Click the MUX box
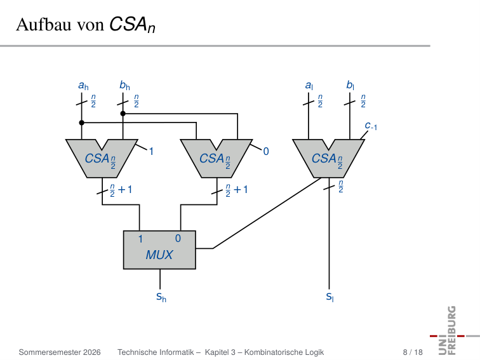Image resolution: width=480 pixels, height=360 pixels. click(x=159, y=250)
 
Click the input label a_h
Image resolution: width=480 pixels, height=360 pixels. click(x=83, y=86)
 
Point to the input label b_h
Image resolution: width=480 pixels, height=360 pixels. click(x=124, y=85)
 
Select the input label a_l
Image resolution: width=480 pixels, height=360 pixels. click(x=309, y=86)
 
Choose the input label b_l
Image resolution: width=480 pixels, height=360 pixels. click(x=350, y=85)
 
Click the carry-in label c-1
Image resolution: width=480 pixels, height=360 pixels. click(x=371, y=126)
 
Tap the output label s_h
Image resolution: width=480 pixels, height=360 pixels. click(x=161, y=297)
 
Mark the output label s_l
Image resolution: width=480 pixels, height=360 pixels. click(x=330, y=297)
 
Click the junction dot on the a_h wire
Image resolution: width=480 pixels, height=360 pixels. click(x=81, y=123)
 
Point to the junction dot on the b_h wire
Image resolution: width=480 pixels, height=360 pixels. click(x=123, y=114)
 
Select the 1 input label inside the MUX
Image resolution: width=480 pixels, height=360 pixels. click(x=140, y=239)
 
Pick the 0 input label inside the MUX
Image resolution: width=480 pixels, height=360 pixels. click(x=178, y=239)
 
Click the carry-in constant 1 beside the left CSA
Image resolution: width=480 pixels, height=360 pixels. click(x=151, y=151)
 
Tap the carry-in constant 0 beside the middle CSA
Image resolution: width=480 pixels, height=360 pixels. click(x=265, y=151)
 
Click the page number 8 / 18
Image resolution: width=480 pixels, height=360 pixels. click(x=413, y=352)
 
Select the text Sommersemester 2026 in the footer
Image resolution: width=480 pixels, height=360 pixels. click(x=60, y=352)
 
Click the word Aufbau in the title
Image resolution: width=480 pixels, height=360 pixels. click(x=44, y=24)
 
